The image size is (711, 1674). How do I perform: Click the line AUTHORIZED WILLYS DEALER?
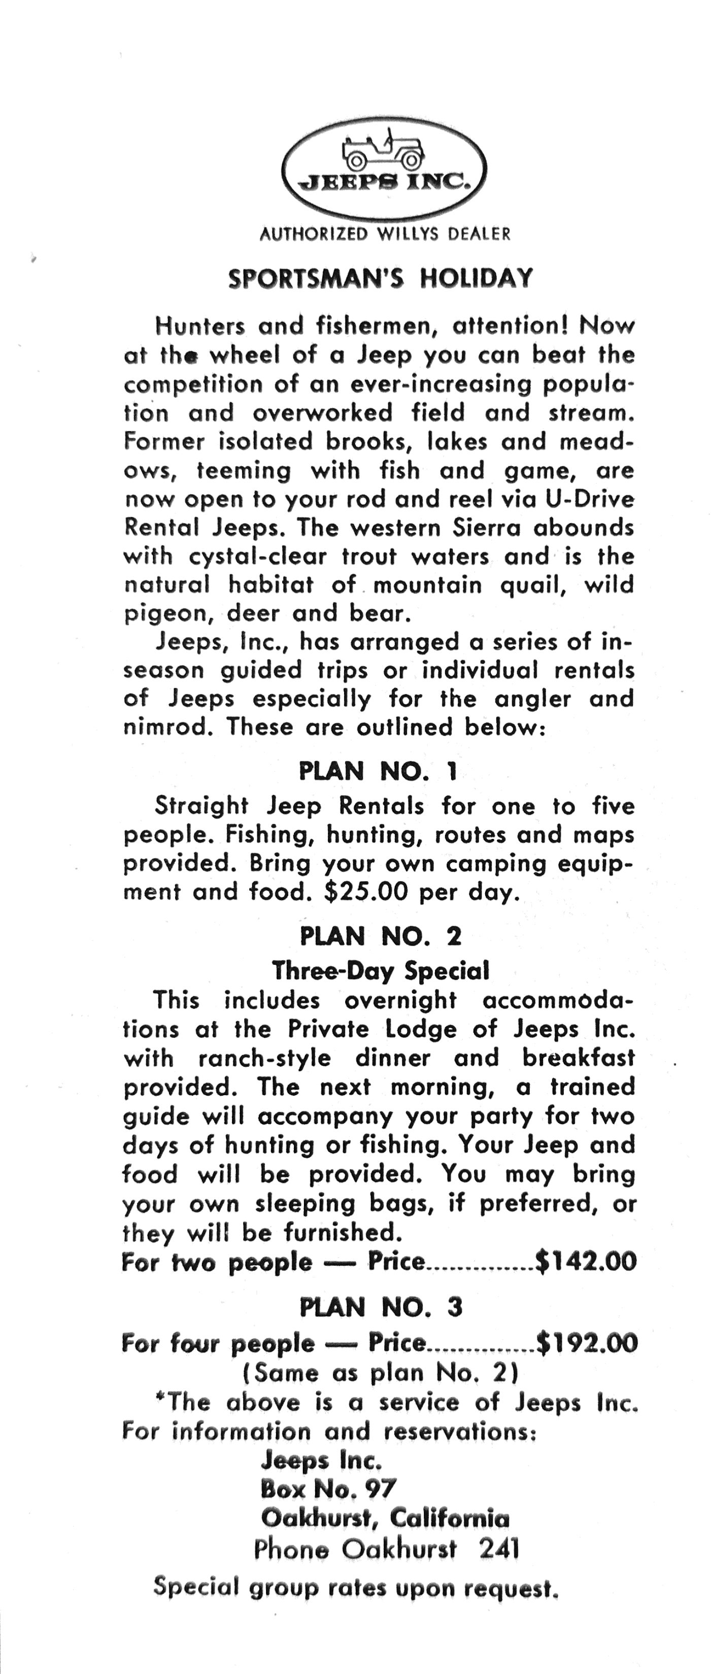385,234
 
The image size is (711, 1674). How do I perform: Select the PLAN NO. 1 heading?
378,772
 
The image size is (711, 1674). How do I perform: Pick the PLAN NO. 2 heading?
380,936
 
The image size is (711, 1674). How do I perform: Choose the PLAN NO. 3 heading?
381,1307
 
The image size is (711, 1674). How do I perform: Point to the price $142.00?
585,1262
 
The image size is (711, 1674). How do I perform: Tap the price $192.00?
586,1343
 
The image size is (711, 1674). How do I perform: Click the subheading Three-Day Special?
380,971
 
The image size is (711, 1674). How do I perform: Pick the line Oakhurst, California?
385,1519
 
